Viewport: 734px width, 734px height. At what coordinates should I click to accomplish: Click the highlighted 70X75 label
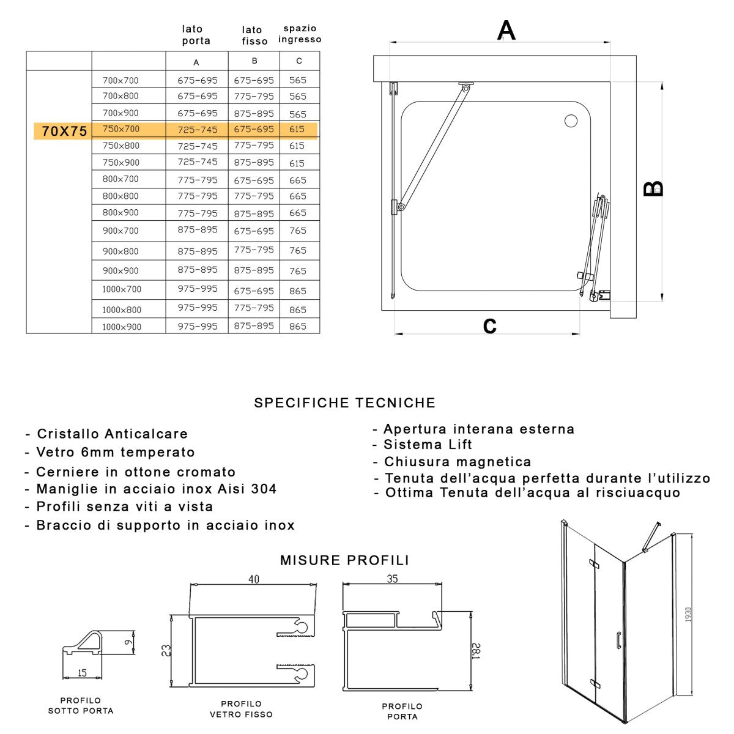click(x=64, y=131)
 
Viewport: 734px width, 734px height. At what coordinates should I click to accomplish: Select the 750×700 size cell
click(x=121, y=129)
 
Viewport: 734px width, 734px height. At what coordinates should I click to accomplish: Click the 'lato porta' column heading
click(x=196, y=35)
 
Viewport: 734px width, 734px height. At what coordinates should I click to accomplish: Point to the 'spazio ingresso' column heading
click(x=300, y=34)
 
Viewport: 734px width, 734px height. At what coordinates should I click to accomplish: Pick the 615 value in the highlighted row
click(x=297, y=129)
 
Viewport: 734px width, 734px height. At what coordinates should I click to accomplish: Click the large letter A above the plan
click(x=506, y=30)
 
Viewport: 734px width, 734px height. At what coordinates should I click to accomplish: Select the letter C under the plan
click(x=489, y=326)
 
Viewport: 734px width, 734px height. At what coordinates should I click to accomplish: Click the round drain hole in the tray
click(x=571, y=121)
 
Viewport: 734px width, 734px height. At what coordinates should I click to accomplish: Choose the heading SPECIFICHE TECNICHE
click(x=344, y=402)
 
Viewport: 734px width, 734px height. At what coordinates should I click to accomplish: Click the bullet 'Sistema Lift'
click(x=428, y=445)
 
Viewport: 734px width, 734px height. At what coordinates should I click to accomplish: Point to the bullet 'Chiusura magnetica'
click(x=457, y=462)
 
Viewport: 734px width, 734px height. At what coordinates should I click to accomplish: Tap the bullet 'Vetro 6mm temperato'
click(x=115, y=452)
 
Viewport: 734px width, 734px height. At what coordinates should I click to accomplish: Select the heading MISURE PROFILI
click(x=344, y=560)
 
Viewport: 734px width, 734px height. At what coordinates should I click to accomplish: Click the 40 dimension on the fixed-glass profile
click(x=253, y=579)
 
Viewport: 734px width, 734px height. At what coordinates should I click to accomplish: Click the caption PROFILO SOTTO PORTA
click(x=81, y=705)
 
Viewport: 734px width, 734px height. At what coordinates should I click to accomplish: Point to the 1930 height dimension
click(x=688, y=615)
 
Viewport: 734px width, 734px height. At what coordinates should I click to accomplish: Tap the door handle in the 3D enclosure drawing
click(x=618, y=639)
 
